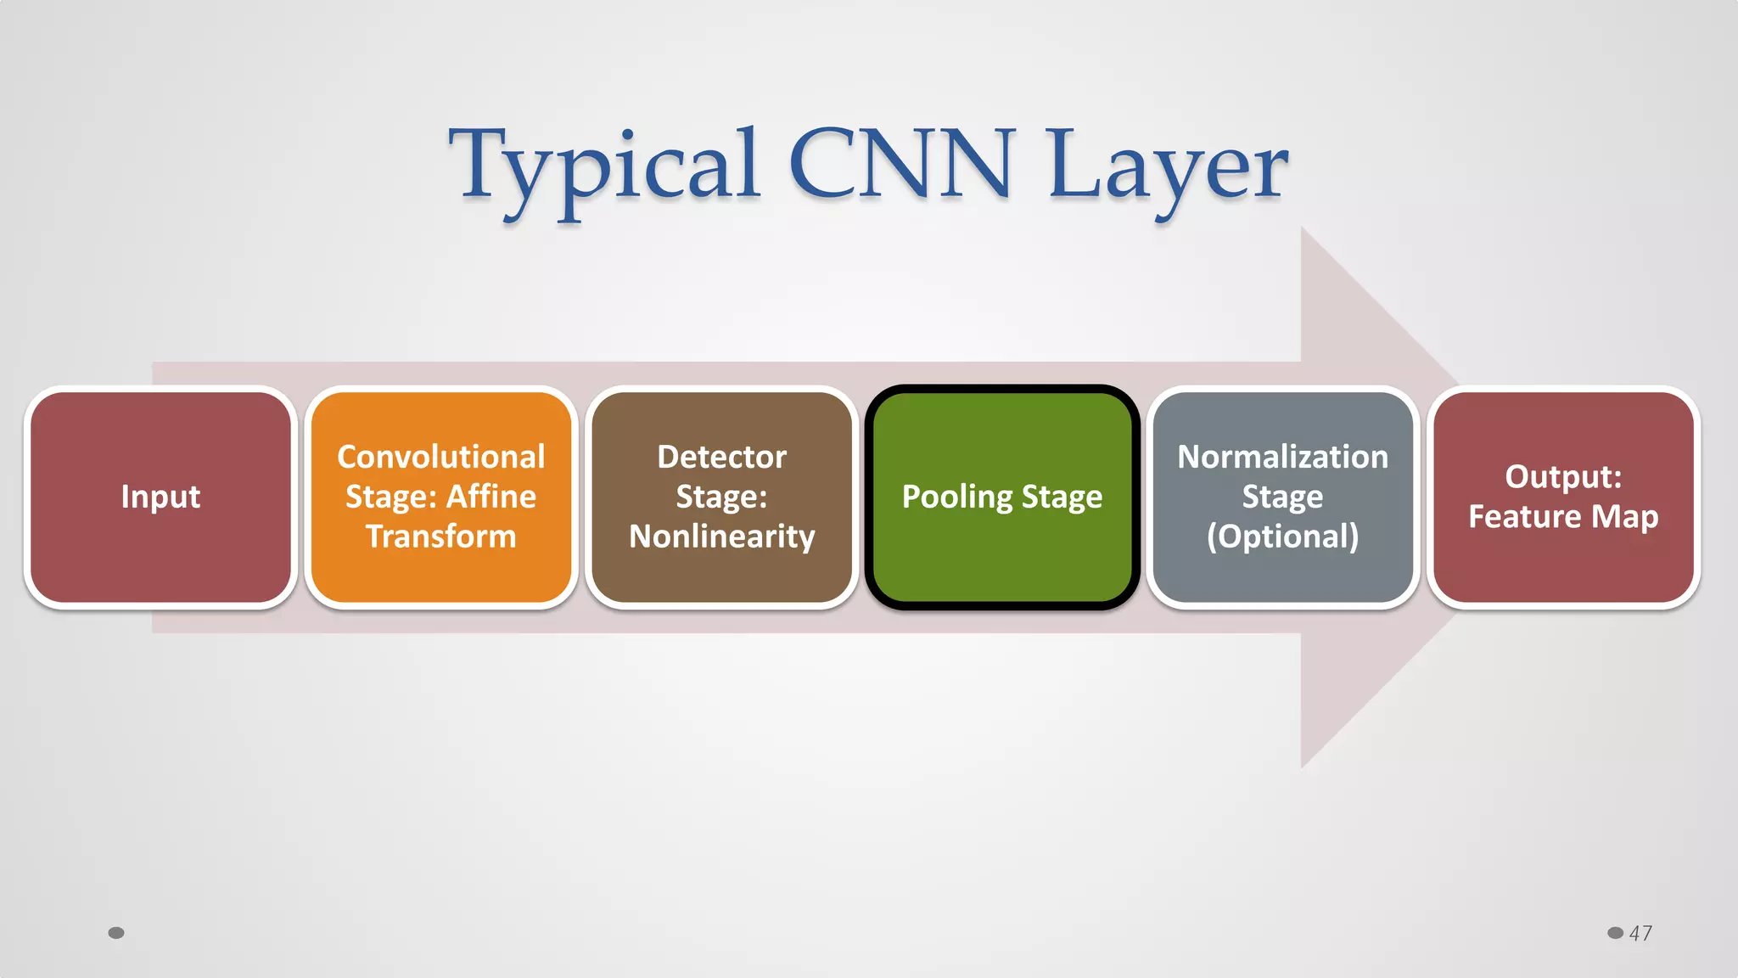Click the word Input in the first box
(x=160, y=497)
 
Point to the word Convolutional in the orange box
(x=440, y=458)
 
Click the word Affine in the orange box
(x=491, y=497)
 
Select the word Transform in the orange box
(x=440, y=537)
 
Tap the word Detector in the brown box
(x=721, y=458)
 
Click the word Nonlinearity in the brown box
(x=721, y=537)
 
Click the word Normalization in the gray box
(x=1282, y=458)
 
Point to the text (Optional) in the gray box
(x=1282, y=537)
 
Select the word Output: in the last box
(x=1563, y=477)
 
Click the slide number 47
(x=1640, y=933)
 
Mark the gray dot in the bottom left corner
(x=116, y=933)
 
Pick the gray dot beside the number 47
(x=1615, y=933)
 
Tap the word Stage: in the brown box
(x=721, y=497)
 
